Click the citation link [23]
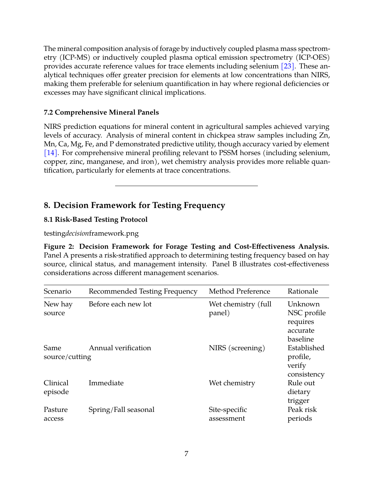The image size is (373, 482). (x=288, y=66)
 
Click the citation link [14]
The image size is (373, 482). (x=51, y=153)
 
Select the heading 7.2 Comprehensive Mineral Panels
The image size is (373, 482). (x=101, y=113)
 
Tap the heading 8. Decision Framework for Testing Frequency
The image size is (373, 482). (x=134, y=205)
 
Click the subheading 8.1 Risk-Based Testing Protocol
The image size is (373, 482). (x=96, y=220)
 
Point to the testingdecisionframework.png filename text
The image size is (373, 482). (x=91, y=233)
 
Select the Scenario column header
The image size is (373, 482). (x=57, y=292)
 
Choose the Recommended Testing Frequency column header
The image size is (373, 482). (x=143, y=292)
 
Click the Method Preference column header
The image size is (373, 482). (x=239, y=292)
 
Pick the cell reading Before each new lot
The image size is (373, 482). (x=120, y=304)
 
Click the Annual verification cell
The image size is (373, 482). (x=120, y=348)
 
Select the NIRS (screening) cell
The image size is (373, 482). (x=237, y=348)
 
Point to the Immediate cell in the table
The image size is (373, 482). (x=106, y=383)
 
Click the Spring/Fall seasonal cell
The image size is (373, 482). (x=121, y=410)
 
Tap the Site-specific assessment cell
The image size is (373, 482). (x=228, y=414)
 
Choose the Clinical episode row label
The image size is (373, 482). (x=56, y=388)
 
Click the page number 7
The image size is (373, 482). (x=186, y=454)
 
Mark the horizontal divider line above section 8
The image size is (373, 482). (x=186, y=186)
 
